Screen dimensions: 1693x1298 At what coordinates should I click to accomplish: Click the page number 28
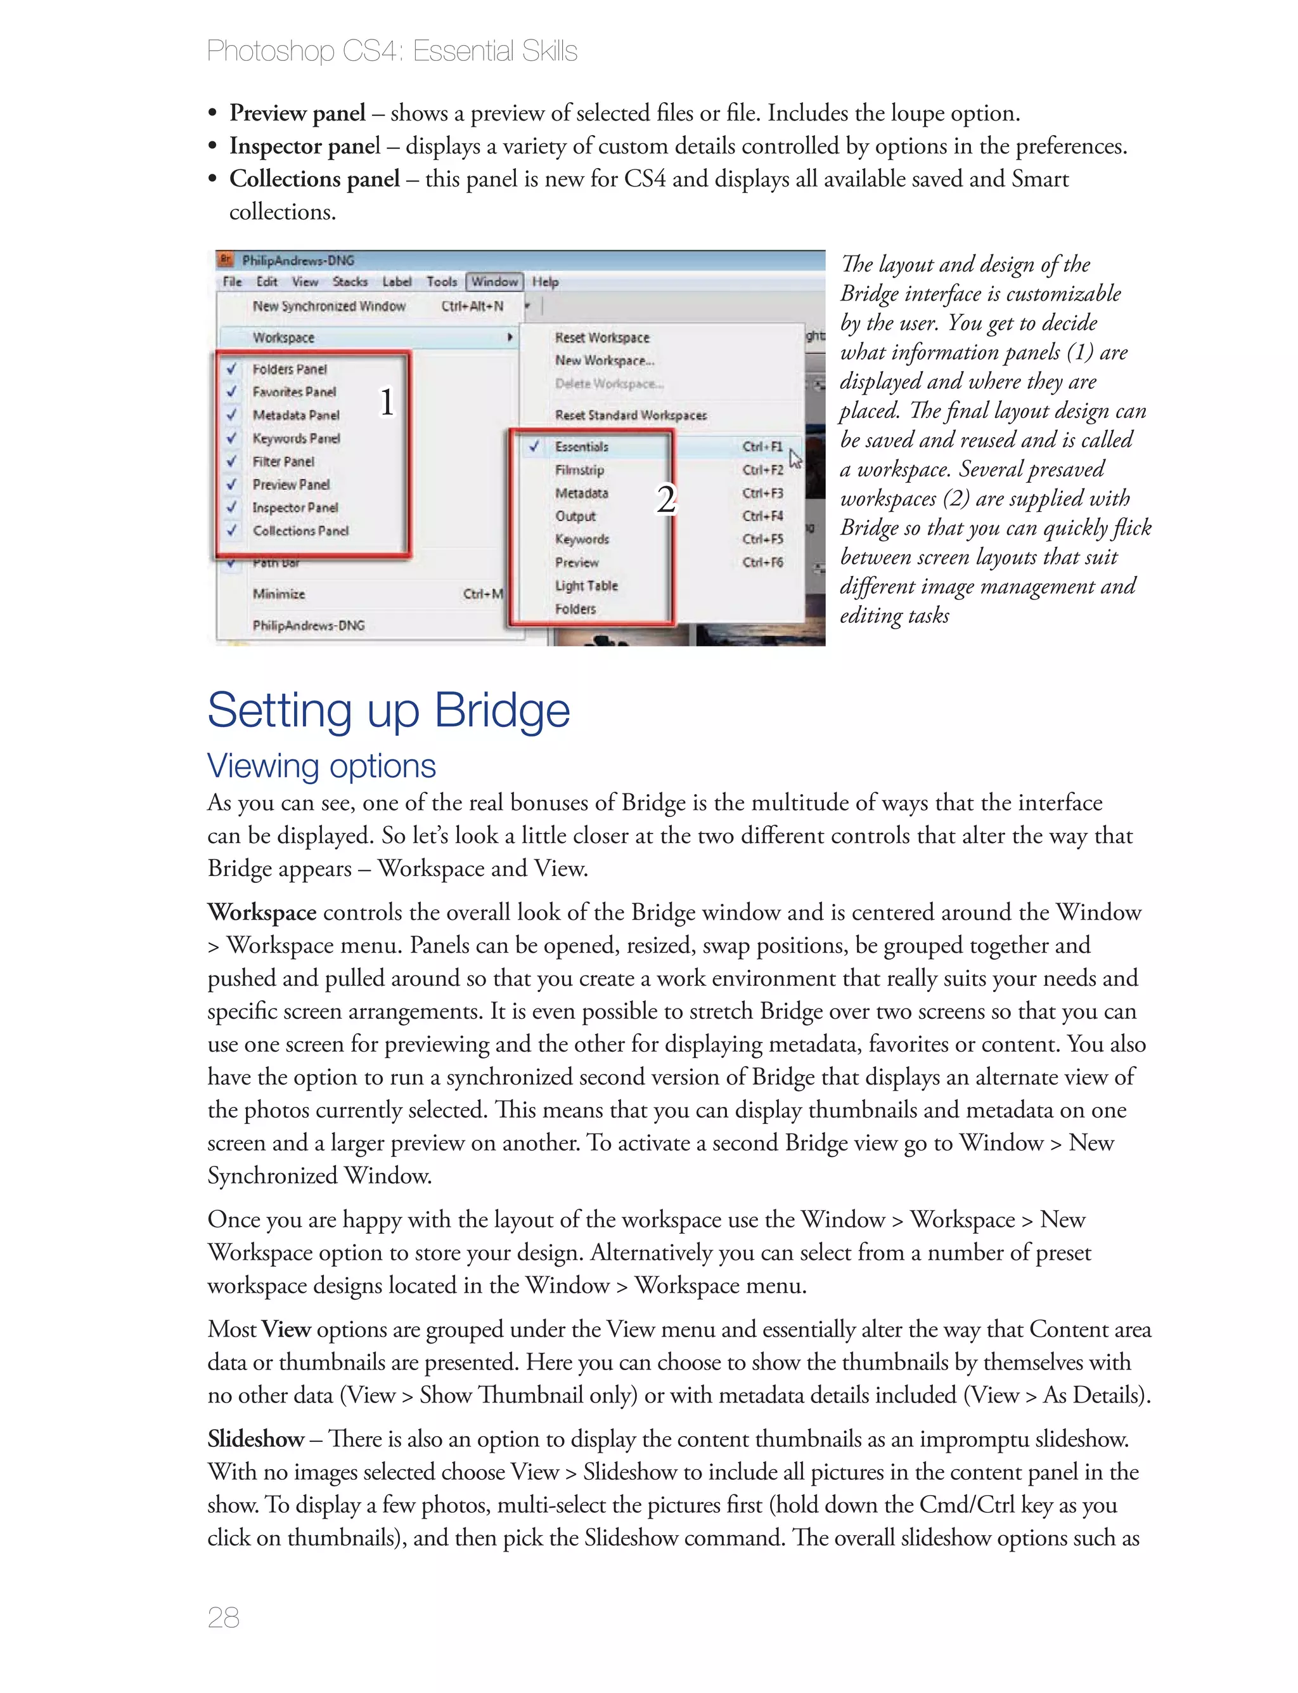click(x=223, y=1616)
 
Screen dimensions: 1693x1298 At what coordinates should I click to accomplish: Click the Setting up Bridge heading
click(x=388, y=710)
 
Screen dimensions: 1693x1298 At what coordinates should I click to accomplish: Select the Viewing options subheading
click(x=321, y=766)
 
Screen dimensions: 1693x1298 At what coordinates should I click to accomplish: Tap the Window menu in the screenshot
click(x=494, y=282)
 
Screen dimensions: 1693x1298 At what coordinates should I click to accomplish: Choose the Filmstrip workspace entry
click(x=579, y=470)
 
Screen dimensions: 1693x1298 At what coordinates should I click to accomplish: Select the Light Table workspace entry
click(x=586, y=586)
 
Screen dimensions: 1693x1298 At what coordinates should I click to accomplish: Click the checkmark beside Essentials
click(x=534, y=446)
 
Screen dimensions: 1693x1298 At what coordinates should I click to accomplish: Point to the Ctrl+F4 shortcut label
click(x=762, y=516)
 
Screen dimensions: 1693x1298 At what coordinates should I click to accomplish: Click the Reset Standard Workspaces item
click(x=631, y=415)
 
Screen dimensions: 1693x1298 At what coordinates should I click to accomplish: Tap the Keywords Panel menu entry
click(x=296, y=438)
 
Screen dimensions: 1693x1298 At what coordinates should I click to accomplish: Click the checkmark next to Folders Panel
click(x=231, y=369)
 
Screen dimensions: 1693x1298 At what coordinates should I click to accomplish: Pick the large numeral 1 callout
click(x=387, y=402)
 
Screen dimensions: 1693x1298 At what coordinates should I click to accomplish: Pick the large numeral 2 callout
click(x=665, y=499)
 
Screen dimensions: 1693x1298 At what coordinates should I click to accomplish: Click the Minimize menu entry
click(x=279, y=594)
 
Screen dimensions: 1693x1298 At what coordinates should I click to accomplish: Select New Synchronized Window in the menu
click(x=329, y=306)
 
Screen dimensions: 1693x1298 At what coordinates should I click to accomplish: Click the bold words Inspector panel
click(x=304, y=146)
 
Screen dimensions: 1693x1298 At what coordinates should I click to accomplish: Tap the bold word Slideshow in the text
click(x=256, y=1439)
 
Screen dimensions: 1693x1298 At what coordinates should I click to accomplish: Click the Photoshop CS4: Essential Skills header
click(x=392, y=51)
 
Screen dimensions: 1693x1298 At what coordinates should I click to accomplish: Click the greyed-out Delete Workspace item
click(x=609, y=383)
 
